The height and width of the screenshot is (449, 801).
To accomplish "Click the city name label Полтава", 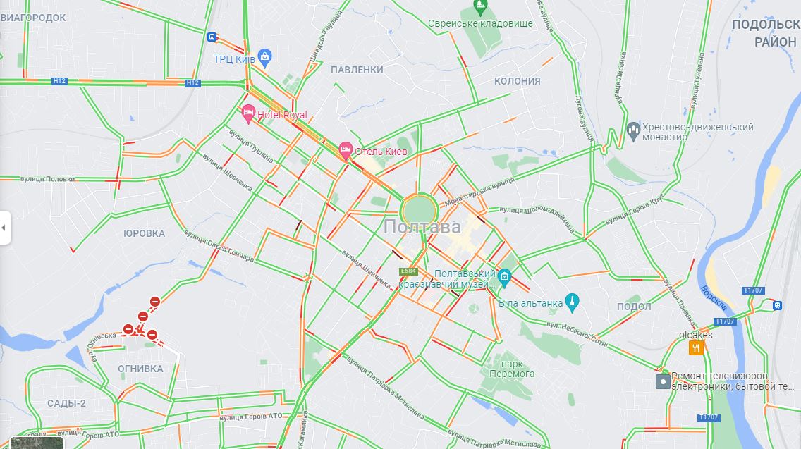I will pyautogui.click(x=422, y=227).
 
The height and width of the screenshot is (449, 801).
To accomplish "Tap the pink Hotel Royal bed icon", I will pyautogui.click(x=247, y=113).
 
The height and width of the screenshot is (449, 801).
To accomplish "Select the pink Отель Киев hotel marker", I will pyautogui.click(x=346, y=149).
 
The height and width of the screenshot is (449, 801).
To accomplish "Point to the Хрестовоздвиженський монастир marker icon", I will pyautogui.click(x=632, y=129).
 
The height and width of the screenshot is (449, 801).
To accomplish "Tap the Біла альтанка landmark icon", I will pyautogui.click(x=572, y=302).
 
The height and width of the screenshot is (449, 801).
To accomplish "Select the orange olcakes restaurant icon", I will pyautogui.click(x=697, y=347).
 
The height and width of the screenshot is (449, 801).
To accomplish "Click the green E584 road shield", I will pyautogui.click(x=408, y=271).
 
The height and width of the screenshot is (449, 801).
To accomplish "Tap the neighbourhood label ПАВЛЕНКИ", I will pyautogui.click(x=357, y=70).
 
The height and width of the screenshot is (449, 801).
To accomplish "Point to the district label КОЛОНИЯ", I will pyautogui.click(x=517, y=81).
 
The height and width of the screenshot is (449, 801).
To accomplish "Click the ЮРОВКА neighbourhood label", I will pyautogui.click(x=144, y=233).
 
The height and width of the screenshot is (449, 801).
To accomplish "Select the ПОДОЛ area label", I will pyautogui.click(x=633, y=307).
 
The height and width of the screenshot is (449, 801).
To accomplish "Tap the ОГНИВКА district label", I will pyautogui.click(x=140, y=369).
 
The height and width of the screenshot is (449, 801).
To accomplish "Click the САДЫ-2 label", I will pyautogui.click(x=66, y=403).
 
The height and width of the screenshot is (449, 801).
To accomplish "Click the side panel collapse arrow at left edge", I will pyautogui.click(x=4, y=228).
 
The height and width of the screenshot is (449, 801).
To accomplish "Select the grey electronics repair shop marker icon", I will pyautogui.click(x=663, y=381).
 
